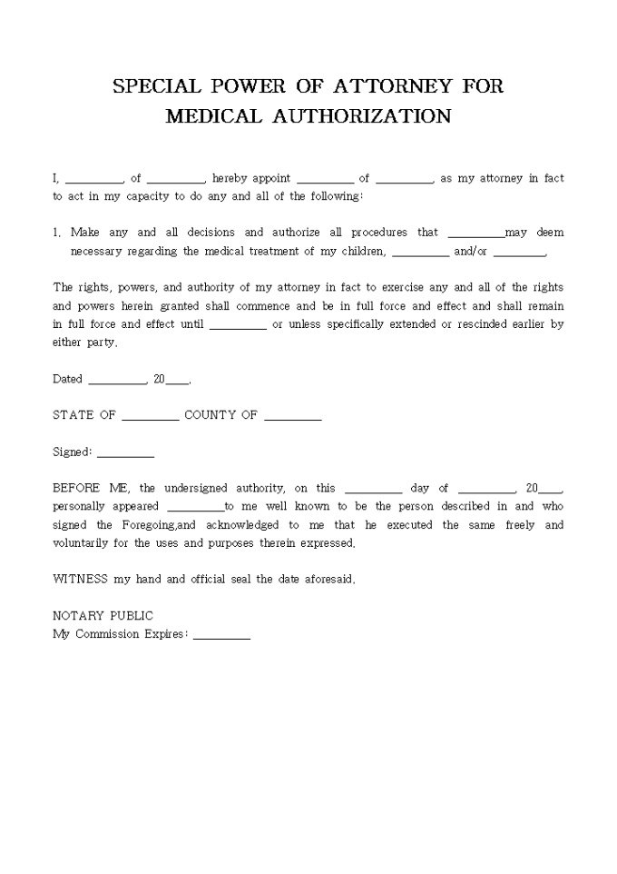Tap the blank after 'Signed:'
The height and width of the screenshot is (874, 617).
click(x=125, y=452)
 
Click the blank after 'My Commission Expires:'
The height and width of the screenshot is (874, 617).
click(x=221, y=634)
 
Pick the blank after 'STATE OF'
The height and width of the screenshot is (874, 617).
click(x=151, y=416)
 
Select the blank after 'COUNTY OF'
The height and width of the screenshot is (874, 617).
click(x=293, y=416)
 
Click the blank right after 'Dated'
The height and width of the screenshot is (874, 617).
click(x=117, y=380)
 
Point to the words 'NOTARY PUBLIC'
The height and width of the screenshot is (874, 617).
click(x=103, y=616)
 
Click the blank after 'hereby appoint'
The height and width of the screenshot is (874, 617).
click(x=325, y=179)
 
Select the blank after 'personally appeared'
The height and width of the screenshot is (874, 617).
click(x=195, y=507)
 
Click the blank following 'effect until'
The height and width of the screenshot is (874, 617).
click(x=238, y=324)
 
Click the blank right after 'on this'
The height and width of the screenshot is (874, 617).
click(x=373, y=489)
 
